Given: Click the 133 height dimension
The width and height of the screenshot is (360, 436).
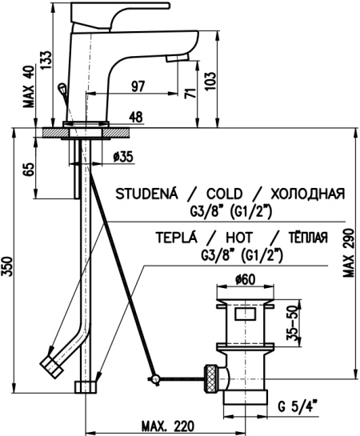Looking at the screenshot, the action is click(46, 60).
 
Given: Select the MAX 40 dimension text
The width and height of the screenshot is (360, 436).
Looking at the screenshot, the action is click(29, 86).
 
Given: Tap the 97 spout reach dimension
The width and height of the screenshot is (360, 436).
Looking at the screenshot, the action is click(138, 86).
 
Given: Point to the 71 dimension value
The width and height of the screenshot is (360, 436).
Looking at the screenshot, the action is click(190, 93).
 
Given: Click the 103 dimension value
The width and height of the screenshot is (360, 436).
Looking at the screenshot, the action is click(210, 81).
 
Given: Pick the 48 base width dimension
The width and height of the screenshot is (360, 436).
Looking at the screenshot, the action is click(136, 117).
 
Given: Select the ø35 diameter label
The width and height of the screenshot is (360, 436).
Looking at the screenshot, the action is click(123, 157).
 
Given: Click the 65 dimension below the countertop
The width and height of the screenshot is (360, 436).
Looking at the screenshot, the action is click(29, 169).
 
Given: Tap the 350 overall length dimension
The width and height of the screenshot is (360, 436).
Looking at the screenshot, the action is click(8, 266).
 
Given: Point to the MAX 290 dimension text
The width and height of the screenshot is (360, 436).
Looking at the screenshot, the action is click(349, 253).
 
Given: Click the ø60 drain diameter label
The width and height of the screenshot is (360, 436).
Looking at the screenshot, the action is click(245, 279).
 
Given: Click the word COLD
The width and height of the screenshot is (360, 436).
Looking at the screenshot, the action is click(224, 194).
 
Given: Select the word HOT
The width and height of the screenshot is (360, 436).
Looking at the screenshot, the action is click(238, 238).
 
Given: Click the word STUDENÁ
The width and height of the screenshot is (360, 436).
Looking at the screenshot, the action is click(146, 194).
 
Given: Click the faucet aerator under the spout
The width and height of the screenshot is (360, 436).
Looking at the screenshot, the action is click(178, 58).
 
